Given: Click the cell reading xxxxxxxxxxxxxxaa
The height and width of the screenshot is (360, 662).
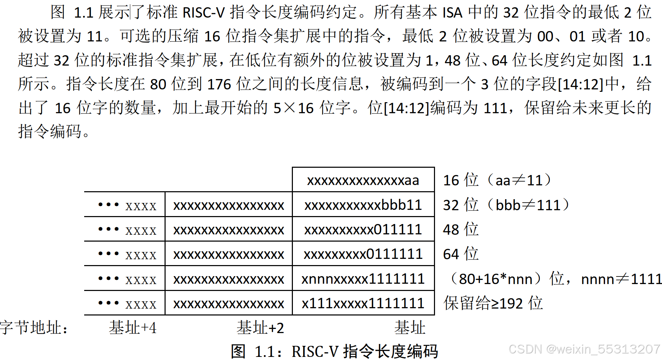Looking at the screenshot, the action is click(363, 180).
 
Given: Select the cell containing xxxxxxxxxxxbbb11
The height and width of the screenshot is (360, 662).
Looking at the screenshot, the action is click(363, 205).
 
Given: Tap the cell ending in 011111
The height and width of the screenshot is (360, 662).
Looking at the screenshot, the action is click(363, 230).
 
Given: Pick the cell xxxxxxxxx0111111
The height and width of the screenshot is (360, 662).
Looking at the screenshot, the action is click(363, 254).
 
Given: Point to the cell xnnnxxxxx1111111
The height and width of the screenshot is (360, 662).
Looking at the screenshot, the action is click(363, 279).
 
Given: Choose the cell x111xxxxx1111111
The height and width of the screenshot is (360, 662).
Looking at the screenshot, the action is click(363, 303).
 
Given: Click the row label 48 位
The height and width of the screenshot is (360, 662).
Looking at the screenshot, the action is click(461, 230).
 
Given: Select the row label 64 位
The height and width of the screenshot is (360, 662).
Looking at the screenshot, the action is click(461, 254).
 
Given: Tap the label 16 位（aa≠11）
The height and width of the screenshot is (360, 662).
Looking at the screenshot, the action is click(497, 180).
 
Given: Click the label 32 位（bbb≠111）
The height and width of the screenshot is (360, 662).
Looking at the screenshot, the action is click(506, 205).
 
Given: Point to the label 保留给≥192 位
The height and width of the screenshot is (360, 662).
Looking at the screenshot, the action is click(493, 303).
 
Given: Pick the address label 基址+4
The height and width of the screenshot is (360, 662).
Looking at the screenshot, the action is click(132, 328).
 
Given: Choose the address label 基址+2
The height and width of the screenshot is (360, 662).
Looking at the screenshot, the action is click(260, 328).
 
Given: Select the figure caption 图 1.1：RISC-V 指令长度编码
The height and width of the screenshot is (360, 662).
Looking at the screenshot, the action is click(334, 351).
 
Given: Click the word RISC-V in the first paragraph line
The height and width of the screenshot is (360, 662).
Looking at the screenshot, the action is click(204, 13).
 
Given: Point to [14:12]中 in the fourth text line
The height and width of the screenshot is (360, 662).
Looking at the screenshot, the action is click(589, 84).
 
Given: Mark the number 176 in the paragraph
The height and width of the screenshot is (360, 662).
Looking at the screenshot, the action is click(219, 84).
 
